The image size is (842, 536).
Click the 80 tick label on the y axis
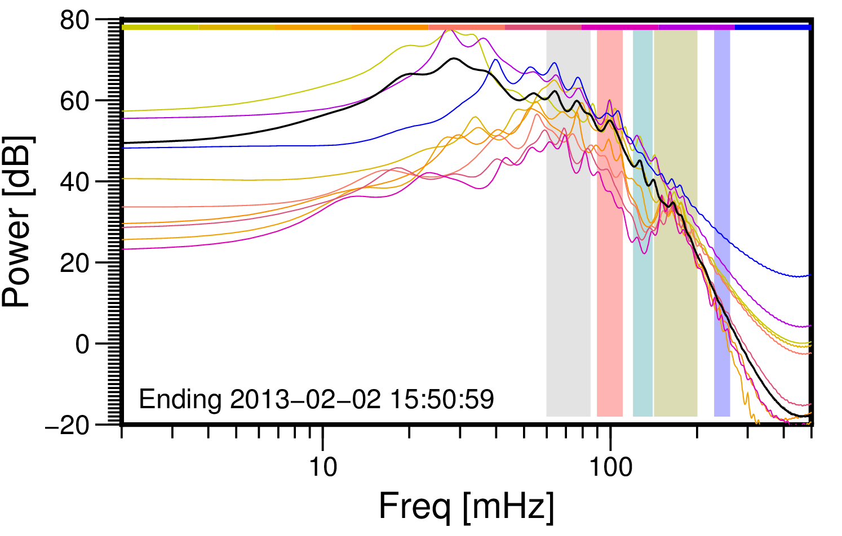[x=74, y=20]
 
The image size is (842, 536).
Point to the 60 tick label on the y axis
[x=74, y=101]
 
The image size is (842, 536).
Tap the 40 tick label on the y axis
[x=74, y=182]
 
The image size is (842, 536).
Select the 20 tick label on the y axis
[x=74, y=263]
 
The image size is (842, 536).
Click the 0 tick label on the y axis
[x=82, y=344]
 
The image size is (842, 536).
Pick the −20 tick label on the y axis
[x=67, y=425]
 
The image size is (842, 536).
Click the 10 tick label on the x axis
[x=323, y=468]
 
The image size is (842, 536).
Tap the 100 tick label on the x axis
[x=610, y=468]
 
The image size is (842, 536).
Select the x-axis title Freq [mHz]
[x=467, y=507]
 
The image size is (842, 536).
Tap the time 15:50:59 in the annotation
[x=442, y=399]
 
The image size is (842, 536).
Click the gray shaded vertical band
[x=568, y=223]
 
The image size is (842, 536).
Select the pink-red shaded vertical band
[x=610, y=223]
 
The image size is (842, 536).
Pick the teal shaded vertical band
[x=643, y=223]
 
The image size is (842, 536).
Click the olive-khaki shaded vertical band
[x=676, y=223]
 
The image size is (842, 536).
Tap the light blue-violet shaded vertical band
[x=722, y=223]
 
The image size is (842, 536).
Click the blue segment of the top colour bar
[x=773, y=27]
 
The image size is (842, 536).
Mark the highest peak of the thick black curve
[x=454, y=59]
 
